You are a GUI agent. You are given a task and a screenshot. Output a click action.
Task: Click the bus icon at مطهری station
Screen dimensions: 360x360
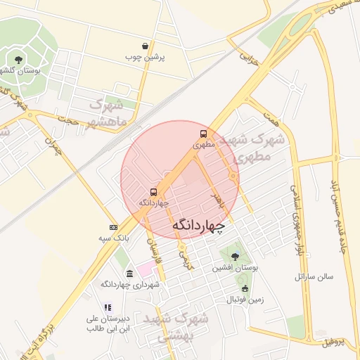coord(203,134)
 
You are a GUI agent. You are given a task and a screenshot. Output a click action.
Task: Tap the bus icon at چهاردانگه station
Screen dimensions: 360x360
coord(153,191)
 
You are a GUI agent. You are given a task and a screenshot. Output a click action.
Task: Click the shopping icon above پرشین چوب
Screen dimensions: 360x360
coord(145,46)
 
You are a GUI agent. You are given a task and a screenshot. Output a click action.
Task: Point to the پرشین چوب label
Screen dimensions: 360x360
coord(144,57)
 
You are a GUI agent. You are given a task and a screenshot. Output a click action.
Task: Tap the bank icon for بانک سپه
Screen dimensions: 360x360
coord(113,227)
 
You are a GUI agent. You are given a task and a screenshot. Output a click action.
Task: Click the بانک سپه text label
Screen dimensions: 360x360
coord(113,238)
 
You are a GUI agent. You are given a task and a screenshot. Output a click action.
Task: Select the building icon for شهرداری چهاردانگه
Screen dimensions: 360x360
coord(129,273)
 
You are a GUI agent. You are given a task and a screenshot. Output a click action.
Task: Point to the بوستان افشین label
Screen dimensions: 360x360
coord(235,268)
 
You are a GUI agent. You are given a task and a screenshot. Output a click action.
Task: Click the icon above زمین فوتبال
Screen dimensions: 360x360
coord(245,289)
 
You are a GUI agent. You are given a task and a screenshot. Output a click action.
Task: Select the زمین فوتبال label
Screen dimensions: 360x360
coord(245,300)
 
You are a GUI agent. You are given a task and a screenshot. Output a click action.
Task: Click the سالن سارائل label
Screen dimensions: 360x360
coord(314,277)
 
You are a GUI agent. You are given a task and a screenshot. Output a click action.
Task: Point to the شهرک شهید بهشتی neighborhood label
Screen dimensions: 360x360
coord(176,327)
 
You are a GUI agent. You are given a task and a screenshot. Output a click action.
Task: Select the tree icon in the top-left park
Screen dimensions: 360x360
coord(18,59)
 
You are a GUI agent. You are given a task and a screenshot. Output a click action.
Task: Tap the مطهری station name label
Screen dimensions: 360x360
coord(203,146)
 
